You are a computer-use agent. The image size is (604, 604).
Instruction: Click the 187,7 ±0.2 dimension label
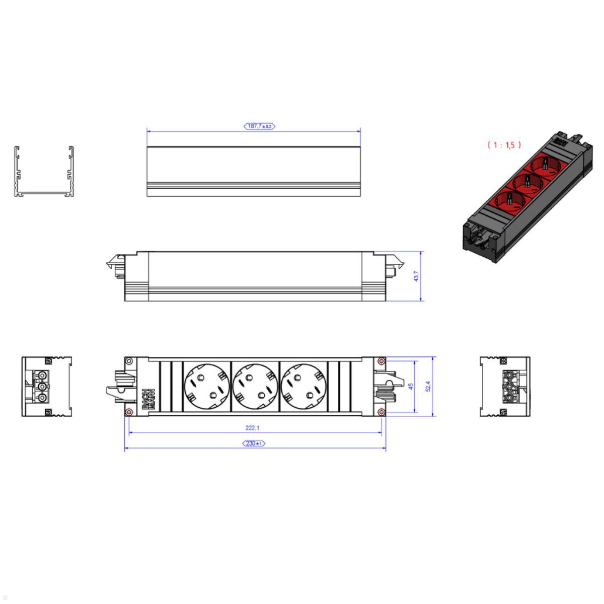click(260, 126)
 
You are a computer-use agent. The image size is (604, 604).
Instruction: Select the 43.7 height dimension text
click(416, 276)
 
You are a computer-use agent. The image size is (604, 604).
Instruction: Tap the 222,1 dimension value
click(253, 428)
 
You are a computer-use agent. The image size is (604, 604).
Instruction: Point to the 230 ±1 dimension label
click(254, 443)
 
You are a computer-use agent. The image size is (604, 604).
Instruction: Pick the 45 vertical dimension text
click(410, 387)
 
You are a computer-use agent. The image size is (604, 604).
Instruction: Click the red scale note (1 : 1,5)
click(504, 145)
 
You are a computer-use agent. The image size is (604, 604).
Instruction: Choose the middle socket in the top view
click(255, 387)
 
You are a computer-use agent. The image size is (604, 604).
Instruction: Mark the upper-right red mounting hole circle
click(382, 361)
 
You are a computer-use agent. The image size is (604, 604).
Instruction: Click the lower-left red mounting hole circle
click(129, 412)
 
